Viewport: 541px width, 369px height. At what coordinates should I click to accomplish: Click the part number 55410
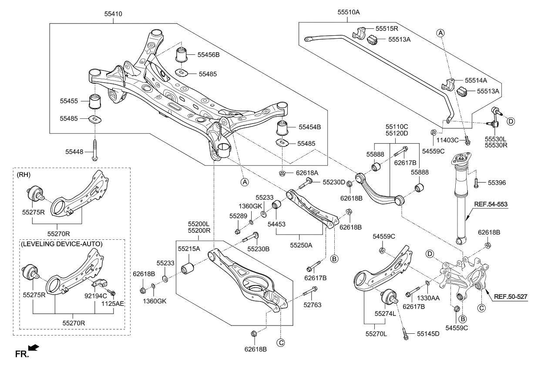point(113,14)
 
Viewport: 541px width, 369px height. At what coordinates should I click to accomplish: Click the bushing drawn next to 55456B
point(181,55)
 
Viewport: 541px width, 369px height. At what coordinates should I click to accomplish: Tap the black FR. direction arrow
point(33,348)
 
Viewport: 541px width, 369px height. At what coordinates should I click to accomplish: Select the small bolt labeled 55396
point(476,183)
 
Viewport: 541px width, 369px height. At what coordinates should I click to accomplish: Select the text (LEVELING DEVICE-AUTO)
point(61,244)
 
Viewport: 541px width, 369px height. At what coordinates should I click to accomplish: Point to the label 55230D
point(334,182)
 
